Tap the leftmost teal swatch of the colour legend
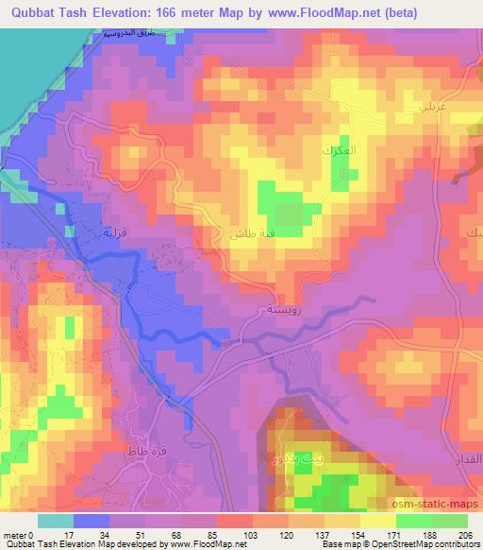(56, 521)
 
